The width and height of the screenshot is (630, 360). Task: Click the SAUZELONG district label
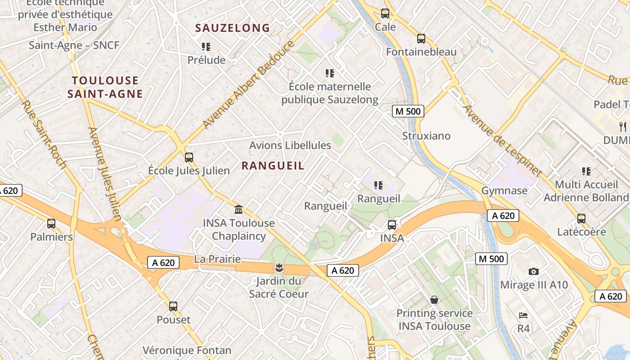(232, 28)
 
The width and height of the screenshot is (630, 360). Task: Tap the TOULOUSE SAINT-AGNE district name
(105, 87)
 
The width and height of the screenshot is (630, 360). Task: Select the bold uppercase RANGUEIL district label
(273, 166)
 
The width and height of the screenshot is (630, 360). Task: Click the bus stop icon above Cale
(385, 13)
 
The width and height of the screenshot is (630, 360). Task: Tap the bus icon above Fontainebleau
(421, 39)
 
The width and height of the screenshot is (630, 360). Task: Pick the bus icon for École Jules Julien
(189, 157)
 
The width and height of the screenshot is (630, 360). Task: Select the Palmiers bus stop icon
(51, 224)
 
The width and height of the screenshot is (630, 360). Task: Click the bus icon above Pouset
(173, 306)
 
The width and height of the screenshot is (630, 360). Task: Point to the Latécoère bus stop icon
(581, 219)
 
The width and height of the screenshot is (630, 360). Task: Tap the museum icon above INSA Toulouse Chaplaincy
(238, 210)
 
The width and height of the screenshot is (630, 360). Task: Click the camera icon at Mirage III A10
(534, 271)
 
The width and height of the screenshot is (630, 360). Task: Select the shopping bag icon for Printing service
(434, 300)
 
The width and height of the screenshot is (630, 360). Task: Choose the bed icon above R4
(523, 315)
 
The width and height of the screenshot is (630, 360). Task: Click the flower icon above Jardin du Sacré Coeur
(279, 269)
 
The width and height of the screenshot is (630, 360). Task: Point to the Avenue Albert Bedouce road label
(249, 85)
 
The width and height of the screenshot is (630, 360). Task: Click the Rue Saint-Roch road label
(44, 135)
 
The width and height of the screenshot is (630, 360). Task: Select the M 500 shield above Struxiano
(408, 111)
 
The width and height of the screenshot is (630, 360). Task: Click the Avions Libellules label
(290, 145)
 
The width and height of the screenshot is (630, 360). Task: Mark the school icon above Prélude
(206, 47)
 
